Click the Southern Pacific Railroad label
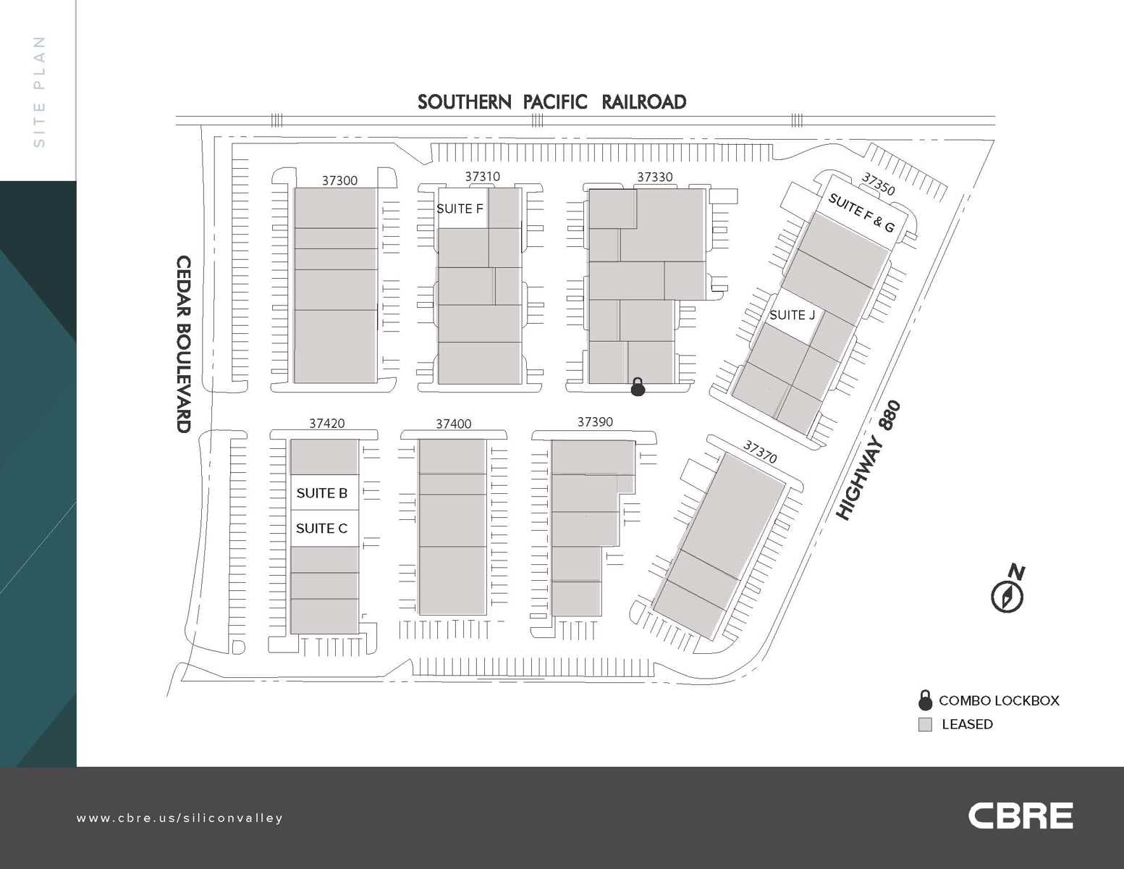point(552,102)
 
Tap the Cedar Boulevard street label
point(185,344)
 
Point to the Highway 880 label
point(868,461)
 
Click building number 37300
point(339,180)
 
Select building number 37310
point(482,177)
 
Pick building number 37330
point(654,177)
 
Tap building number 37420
point(326,424)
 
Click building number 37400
point(453,424)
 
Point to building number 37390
point(595,422)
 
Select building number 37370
point(760,453)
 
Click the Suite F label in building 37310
point(460,209)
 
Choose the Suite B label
point(322,493)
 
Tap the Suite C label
point(322,529)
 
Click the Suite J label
point(792,315)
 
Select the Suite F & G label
point(861,213)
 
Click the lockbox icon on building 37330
point(638,387)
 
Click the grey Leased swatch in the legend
point(925,724)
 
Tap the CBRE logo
point(1021,815)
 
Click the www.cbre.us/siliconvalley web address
point(180,818)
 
